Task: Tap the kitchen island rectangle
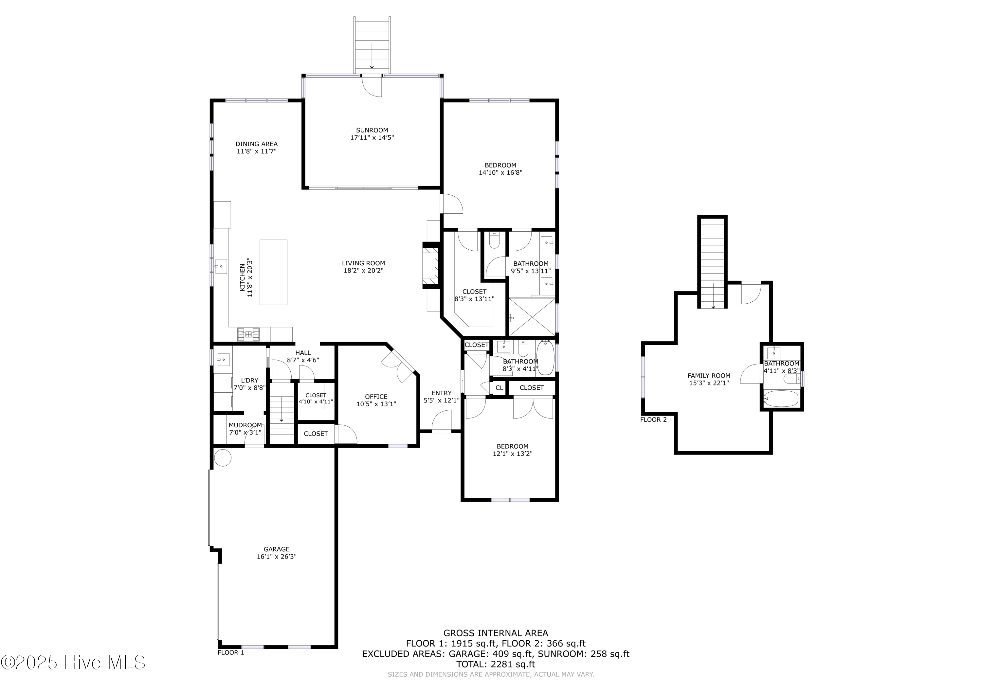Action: click(x=273, y=272)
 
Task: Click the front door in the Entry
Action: click(x=442, y=422)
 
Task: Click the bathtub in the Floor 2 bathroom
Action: click(x=781, y=399)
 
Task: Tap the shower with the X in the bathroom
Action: click(x=532, y=317)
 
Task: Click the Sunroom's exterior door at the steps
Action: click(x=371, y=85)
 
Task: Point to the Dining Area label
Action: click(x=256, y=144)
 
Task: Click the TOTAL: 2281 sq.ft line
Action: click(x=495, y=664)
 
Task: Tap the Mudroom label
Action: click(x=245, y=425)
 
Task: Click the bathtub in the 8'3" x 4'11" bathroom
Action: click(x=545, y=358)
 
